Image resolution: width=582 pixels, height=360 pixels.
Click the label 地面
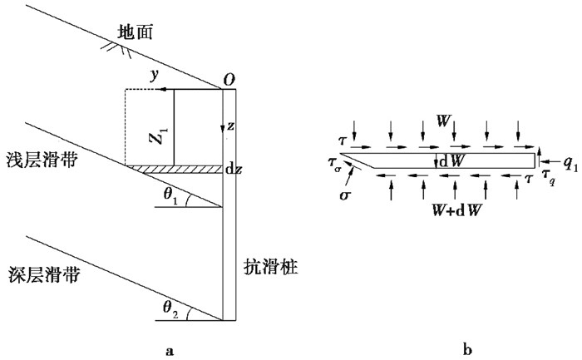point(135,32)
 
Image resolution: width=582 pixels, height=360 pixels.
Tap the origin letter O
point(229,80)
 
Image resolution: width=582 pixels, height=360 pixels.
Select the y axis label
point(155,76)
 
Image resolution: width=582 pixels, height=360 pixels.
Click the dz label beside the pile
point(234,170)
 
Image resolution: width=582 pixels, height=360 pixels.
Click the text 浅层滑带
point(42,160)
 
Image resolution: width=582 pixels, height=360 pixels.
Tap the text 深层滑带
point(44,275)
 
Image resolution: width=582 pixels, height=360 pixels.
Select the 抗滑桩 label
point(270,267)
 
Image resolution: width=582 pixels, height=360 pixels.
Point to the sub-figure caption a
point(170,350)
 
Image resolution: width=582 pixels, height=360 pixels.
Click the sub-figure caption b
point(467,349)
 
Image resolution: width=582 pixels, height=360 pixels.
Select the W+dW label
point(456,210)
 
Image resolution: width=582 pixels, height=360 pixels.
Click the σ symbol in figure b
point(345,195)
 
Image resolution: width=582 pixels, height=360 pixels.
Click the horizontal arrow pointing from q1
point(550,161)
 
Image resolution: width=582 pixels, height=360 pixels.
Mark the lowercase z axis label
point(230,126)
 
